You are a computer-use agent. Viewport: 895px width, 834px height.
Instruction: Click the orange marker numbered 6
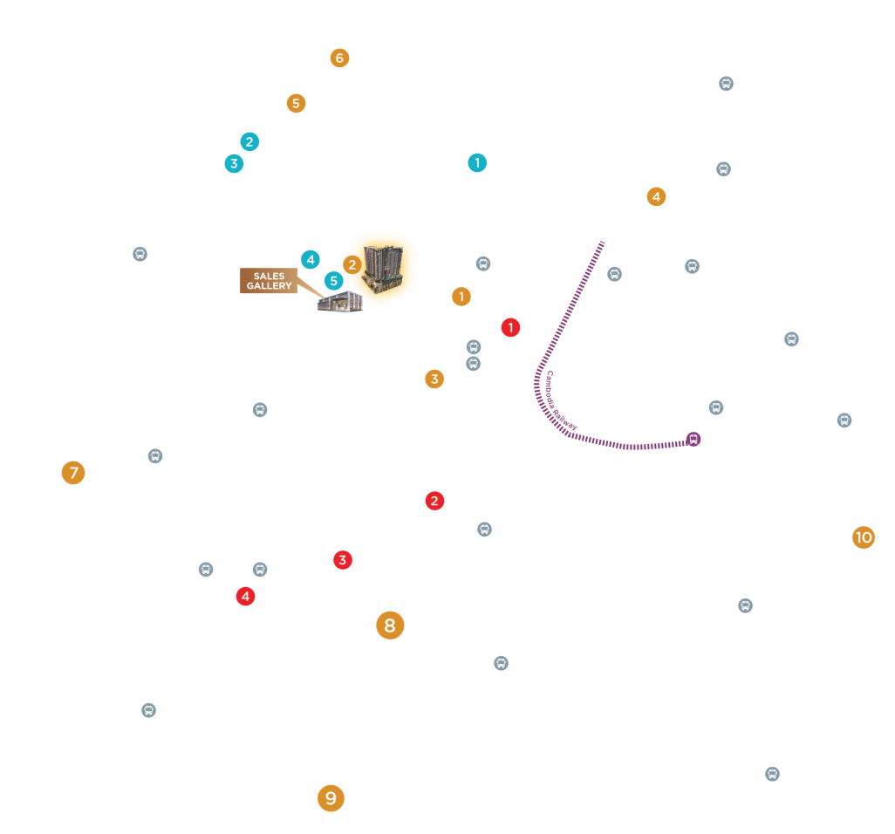click(339, 58)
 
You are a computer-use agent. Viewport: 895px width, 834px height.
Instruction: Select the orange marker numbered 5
click(296, 103)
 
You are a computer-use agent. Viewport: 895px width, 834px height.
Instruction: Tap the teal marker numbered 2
click(249, 141)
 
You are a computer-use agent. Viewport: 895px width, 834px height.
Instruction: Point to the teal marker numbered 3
click(234, 164)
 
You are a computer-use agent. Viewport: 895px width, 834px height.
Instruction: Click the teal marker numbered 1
click(477, 162)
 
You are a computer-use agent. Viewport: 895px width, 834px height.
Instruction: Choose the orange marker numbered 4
click(656, 197)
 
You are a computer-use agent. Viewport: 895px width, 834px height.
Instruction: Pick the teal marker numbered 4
click(311, 260)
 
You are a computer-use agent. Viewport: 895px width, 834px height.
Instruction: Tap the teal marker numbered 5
click(334, 281)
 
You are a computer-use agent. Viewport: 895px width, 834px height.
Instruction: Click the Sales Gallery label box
click(269, 281)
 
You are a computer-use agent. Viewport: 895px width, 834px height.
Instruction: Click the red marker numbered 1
click(510, 328)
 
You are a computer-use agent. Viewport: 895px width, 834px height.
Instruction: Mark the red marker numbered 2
click(434, 501)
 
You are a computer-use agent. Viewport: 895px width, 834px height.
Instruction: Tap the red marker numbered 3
click(343, 560)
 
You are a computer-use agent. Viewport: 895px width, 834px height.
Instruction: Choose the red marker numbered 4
click(245, 597)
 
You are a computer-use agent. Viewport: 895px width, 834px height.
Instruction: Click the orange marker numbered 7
click(73, 473)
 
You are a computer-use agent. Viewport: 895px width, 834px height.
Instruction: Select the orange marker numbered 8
click(390, 625)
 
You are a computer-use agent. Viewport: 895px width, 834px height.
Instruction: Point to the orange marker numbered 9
click(331, 798)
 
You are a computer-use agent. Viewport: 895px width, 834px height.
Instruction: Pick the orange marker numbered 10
click(864, 537)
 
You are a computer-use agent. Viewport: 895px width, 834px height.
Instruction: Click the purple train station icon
click(693, 439)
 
